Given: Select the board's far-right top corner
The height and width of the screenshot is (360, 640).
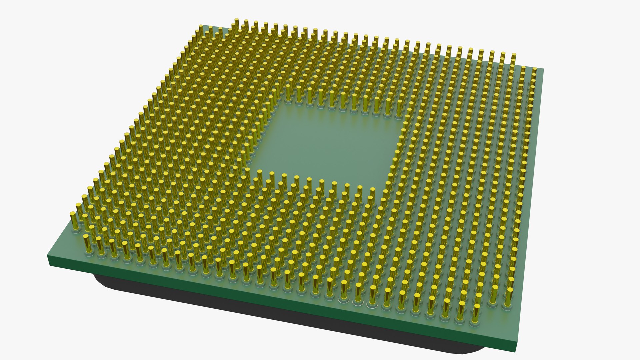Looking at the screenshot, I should pos(543,69).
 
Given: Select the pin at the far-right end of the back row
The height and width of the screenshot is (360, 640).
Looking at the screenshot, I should pos(514,58).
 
